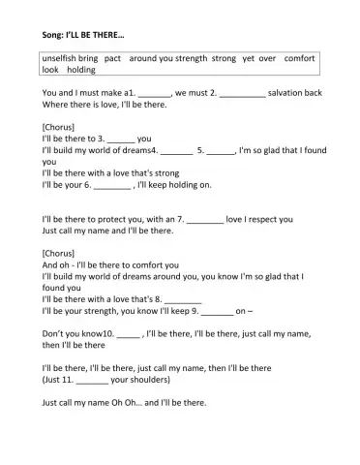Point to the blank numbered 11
pyautogui.click(x=92, y=382)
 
